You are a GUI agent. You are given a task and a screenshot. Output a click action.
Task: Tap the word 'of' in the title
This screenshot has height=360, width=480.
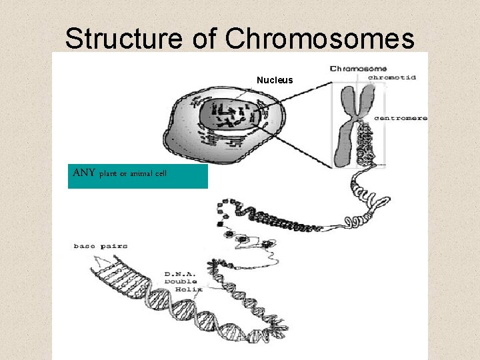coord(205,39)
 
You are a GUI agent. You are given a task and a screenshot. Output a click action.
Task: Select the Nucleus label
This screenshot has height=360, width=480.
coord(275,80)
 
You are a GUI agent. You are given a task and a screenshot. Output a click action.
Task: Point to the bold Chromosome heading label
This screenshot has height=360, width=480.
coord(359,68)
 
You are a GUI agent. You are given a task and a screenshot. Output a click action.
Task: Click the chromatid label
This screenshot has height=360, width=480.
coord(392,77)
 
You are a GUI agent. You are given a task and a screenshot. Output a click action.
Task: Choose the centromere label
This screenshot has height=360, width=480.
coord(400,118)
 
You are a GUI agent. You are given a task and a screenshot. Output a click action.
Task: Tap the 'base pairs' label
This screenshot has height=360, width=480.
coord(100,246)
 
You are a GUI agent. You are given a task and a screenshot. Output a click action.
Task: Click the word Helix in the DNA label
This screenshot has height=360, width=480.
coord(189,289)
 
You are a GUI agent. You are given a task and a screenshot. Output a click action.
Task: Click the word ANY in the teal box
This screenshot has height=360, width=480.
coord(84,173)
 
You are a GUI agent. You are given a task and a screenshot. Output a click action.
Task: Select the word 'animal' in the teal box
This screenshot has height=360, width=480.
coord(137,174)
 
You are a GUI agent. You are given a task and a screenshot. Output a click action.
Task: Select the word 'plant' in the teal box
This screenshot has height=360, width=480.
coord(108,174)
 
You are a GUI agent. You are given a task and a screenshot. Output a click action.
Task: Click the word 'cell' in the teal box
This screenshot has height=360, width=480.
coord(161,174)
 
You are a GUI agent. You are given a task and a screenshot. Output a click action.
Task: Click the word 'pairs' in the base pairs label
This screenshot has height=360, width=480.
coord(114,246)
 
